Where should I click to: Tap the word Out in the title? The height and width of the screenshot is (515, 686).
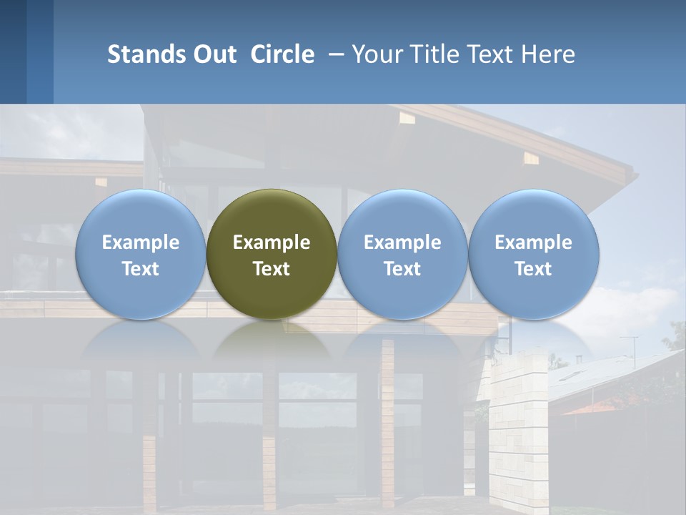[214, 54]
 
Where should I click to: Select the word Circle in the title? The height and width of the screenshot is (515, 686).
[282, 54]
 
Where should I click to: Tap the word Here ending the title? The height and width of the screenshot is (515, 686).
[550, 54]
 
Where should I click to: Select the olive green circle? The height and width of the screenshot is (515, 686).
[272, 215]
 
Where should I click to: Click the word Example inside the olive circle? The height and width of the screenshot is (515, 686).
[272, 242]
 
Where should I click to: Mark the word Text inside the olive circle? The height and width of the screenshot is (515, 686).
[272, 269]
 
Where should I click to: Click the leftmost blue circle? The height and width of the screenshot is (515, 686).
[140, 215]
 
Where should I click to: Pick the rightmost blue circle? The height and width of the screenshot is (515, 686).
[534, 215]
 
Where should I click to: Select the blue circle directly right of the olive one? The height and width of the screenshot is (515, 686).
[402, 215]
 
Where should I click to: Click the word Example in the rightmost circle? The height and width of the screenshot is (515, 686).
[534, 242]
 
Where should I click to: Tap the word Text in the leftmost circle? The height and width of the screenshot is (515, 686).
[140, 269]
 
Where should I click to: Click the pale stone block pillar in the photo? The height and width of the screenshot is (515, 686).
[518, 429]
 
